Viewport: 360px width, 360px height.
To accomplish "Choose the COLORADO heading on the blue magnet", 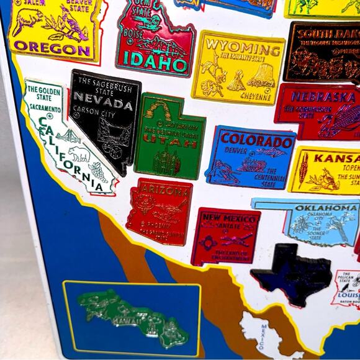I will [x=256, y=139].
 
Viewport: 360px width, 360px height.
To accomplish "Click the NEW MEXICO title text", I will [x=229, y=218].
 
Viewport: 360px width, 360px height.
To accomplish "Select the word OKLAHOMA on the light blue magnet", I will [x=326, y=208].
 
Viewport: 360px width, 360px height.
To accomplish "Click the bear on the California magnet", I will [x=79, y=153].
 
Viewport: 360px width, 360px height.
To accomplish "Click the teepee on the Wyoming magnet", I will [x=236, y=81].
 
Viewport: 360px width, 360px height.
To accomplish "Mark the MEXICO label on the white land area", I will [x=263, y=336].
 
